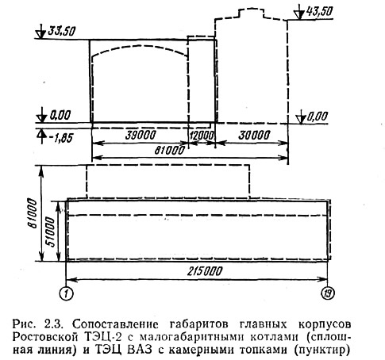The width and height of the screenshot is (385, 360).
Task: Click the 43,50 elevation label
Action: point(319,12)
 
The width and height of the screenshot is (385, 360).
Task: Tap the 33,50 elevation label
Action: point(61,32)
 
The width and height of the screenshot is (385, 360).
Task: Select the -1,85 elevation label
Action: point(60,138)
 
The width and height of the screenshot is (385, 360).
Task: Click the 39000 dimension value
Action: point(141,136)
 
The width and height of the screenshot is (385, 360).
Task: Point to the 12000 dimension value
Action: point(202,136)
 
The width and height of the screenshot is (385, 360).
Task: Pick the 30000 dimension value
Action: point(254,136)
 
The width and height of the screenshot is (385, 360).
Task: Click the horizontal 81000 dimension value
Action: point(169,151)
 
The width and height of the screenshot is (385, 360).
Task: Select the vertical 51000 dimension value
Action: point(51,232)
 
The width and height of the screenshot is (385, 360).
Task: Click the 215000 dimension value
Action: point(205,271)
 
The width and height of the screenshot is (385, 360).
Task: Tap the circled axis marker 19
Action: point(328,293)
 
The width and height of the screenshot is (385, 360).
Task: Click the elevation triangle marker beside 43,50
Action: point(299,13)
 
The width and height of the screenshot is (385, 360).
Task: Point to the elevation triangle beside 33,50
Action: point(41,32)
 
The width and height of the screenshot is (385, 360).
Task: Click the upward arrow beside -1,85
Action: point(41,136)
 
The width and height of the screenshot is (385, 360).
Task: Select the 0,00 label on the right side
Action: point(318,117)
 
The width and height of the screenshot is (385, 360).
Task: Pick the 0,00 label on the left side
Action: point(60,116)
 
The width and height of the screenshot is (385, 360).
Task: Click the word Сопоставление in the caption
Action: point(115,324)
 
